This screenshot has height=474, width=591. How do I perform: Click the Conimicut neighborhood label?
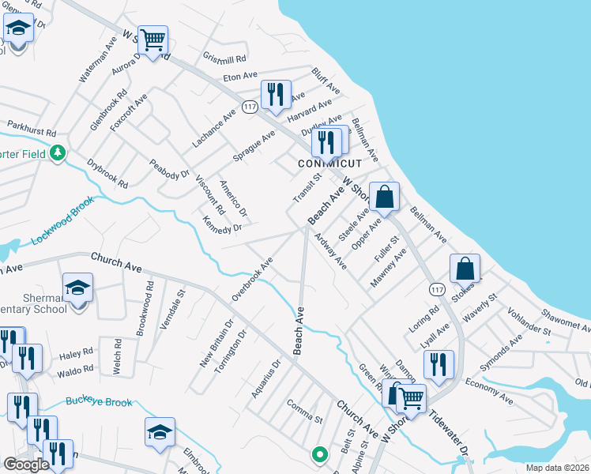point(329,164)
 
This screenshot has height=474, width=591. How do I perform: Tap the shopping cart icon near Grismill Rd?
point(152,39)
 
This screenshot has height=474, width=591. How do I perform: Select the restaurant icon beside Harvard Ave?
point(276,94)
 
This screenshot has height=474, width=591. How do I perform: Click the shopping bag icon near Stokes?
point(465,269)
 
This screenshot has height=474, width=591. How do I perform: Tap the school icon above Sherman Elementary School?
point(77,288)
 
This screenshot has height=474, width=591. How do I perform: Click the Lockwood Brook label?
point(62,220)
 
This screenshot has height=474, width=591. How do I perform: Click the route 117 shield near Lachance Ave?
point(250,107)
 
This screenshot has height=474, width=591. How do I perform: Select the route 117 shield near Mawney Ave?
point(436,290)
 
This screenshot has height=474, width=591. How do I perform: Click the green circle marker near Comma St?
point(319,454)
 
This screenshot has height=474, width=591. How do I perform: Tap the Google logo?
point(26,465)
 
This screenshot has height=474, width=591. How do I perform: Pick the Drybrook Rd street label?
point(107,174)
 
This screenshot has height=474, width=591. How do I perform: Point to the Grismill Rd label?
point(225,58)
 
